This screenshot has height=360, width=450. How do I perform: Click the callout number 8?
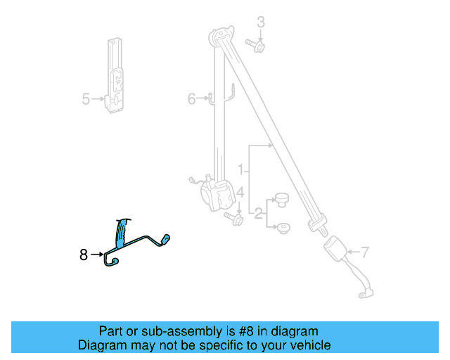click(84, 255)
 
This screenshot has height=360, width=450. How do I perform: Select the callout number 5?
click(86, 99)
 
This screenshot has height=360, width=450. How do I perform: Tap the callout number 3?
click(260, 22)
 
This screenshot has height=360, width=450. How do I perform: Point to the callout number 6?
click(191, 99)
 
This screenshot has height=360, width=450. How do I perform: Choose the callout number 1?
click(240, 169)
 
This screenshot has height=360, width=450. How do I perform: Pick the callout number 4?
click(240, 193)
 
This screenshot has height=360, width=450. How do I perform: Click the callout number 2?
click(258, 212)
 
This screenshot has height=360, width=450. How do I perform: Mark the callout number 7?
click(365, 250)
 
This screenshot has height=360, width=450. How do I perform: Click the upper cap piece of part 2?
click(283, 200)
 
